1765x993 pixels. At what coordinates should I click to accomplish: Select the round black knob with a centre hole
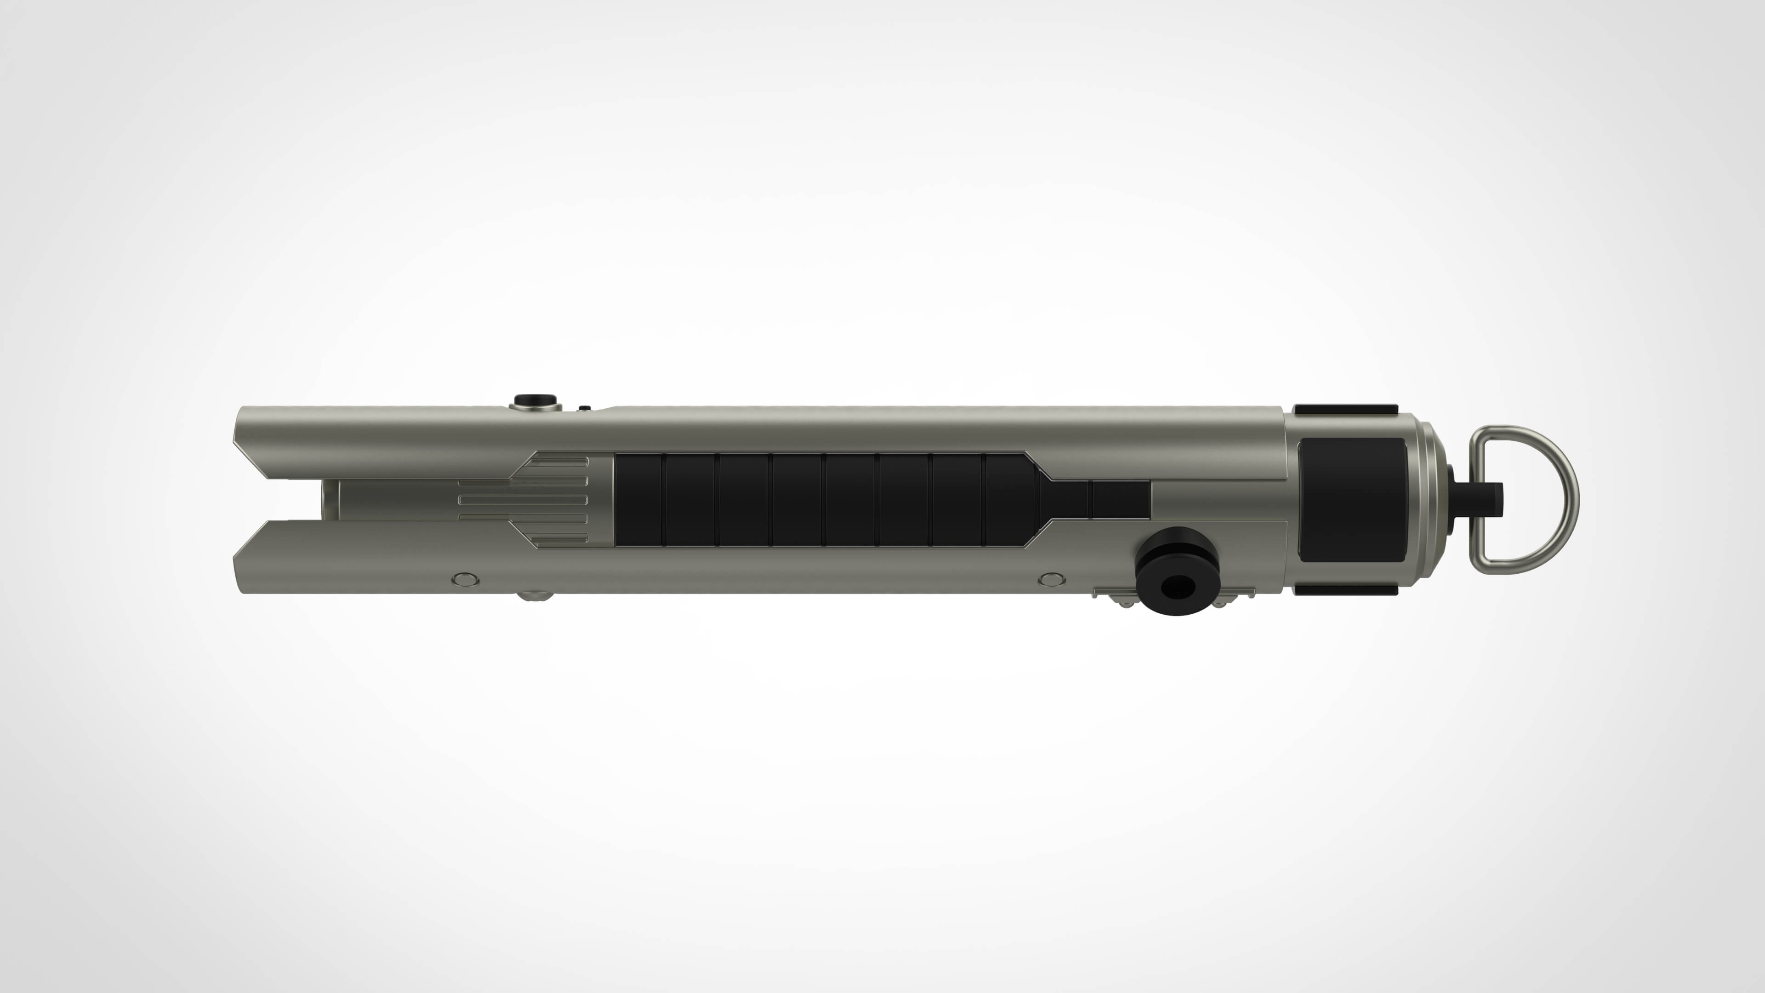(1177, 571)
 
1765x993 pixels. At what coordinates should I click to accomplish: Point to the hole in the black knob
(1178, 585)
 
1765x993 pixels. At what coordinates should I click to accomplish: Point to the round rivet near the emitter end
(466, 580)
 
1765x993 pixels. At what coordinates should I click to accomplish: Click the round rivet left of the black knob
(1052, 580)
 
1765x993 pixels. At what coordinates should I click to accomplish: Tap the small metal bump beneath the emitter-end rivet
(535, 596)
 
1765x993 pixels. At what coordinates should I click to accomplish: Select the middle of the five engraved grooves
(523, 500)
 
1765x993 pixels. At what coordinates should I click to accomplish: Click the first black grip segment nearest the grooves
(638, 500)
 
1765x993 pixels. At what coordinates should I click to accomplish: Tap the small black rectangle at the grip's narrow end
(1121, 500)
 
